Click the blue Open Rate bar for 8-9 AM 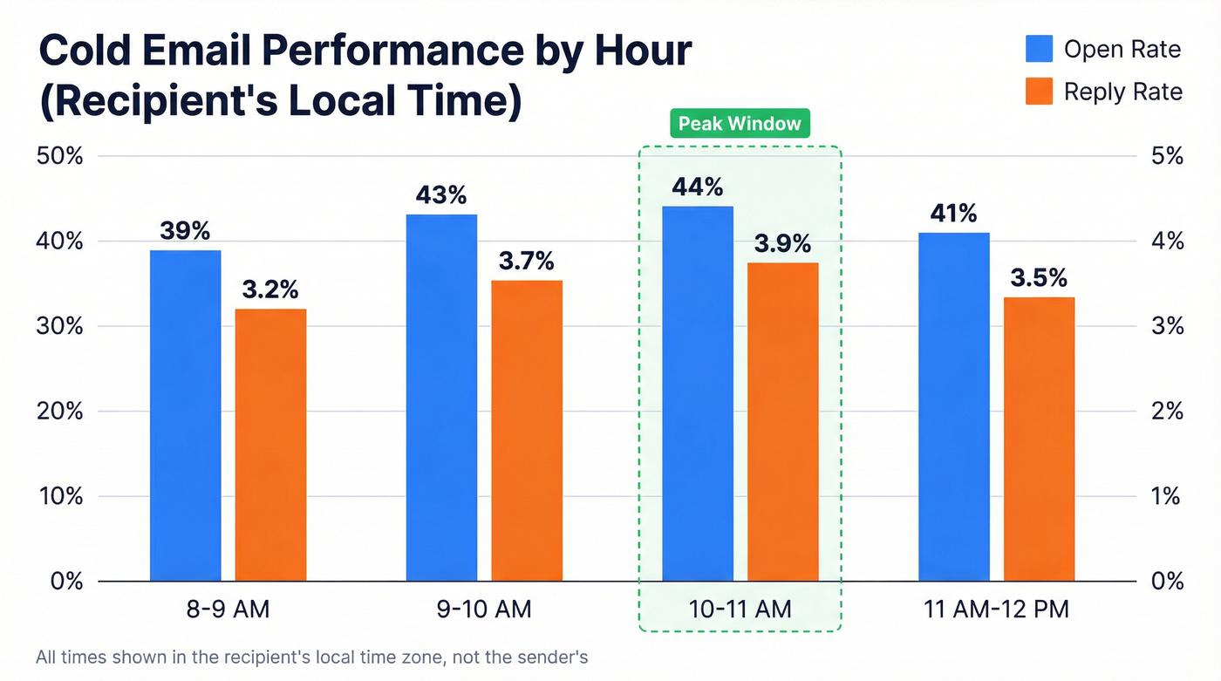tap(185, 415)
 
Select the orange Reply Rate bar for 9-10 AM tap(527, 430)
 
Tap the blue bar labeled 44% tap(697, 393)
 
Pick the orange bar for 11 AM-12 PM tap(1039, 439)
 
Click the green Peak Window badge tap(740, 124)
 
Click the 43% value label tap(441, 194)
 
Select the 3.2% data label tap(270, 289)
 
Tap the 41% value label tap(953, 213)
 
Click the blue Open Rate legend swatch tap(1039, 49)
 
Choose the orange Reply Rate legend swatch tap(1039, 92)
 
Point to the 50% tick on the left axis tap(60, 157)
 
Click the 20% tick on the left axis tap(60, 412)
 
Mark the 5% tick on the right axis tap(1167, 157)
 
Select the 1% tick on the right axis tap(1167, 496)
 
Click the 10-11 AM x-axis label tap(740, 609)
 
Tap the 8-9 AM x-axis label tap(228, 609)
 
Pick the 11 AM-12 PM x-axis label tap(996, 609)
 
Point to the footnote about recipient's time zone tap(312, 657)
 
